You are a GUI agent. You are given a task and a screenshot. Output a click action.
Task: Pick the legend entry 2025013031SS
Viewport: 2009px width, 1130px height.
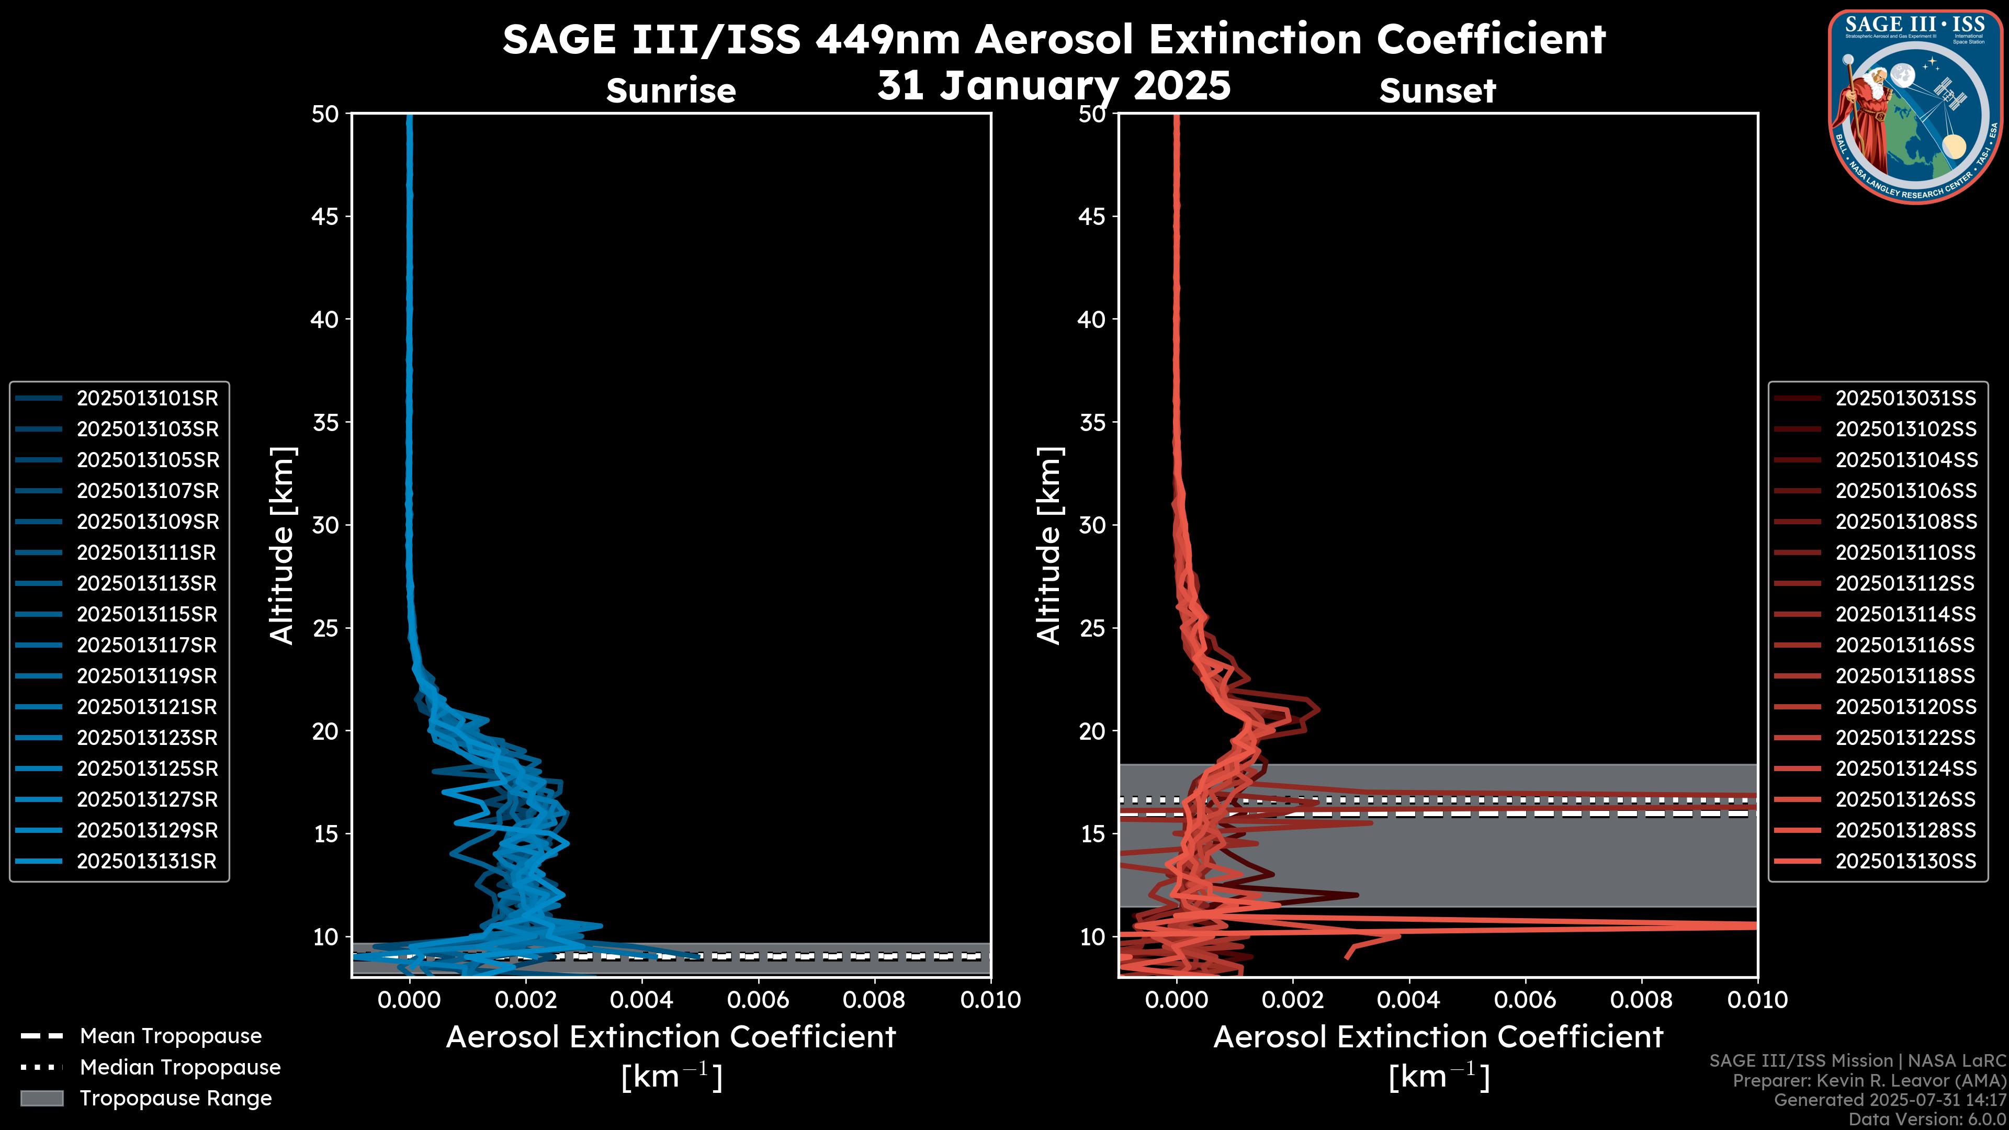coord(1905,399)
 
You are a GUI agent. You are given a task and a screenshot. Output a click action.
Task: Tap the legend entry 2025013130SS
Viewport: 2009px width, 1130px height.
coord(1905,862)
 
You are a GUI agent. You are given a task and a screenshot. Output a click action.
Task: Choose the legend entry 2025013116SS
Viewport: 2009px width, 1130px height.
coord(1905,646)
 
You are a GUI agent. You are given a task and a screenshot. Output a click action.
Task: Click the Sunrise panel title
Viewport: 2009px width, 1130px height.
coord(671,91)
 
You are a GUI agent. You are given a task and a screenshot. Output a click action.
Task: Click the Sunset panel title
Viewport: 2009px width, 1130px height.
coord(1437,91)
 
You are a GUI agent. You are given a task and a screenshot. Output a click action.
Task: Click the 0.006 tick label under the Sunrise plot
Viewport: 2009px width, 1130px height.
coord(758,1000)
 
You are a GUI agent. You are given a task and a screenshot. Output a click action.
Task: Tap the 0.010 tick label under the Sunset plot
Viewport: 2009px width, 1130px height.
coord(1757,1000)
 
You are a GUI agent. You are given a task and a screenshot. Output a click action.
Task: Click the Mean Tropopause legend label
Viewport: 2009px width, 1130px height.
coord(171,1036)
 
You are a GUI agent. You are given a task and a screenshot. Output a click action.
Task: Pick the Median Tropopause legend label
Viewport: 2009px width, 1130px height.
coord(180,1068)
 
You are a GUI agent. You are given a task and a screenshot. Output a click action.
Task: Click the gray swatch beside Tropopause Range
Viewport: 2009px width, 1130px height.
coord(41,1099)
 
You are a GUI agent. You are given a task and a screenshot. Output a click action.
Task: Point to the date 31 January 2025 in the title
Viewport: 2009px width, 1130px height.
coord(1054,86)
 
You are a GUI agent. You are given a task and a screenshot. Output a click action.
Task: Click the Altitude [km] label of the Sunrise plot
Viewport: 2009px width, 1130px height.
coord(281,545)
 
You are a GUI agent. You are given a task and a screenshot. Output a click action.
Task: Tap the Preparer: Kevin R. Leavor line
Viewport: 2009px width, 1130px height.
coord(1869,1081)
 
